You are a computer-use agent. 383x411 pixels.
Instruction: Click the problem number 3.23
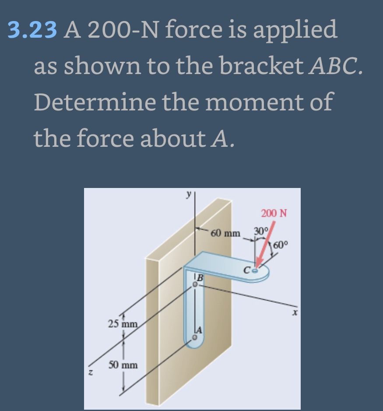click(x=32, y=29)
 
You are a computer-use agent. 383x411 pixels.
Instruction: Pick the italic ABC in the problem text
click(x=336, y=66)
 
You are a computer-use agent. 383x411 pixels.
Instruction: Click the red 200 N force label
click(x=274, y=213)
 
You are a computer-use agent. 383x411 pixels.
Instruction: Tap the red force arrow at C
click(x=265, y=244)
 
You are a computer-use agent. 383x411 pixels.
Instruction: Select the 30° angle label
click(x=261, y=231)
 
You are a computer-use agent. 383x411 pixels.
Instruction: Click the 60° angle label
click(x=281, y=245)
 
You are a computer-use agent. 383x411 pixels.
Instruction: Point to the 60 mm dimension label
click(x=225, y=233)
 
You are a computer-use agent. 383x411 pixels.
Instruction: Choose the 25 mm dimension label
click(x=123, y=324)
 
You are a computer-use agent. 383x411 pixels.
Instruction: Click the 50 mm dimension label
click(x=123, y=365)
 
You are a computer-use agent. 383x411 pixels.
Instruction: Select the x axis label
click(x=295, y=312)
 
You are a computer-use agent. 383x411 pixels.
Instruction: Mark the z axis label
click(x=90, y=372)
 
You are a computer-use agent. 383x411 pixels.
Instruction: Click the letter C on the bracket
click(x=247, y=270)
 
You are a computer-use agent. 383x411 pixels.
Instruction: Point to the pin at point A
click(x=194, y=337)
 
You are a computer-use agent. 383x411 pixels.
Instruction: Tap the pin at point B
click(x=194, y=284)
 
